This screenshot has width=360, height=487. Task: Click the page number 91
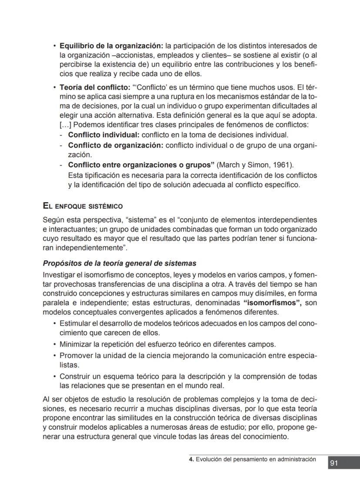[334, 463]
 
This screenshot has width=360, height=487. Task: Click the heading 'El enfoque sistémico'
[83, 206]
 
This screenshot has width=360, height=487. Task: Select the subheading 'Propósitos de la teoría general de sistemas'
[120, 263]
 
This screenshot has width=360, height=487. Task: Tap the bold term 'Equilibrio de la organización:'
[111, 46]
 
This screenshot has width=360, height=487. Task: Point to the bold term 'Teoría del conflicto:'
[95, 87]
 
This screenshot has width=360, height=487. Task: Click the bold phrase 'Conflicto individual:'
[103, 135]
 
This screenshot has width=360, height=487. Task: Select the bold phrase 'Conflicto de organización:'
[115, 145]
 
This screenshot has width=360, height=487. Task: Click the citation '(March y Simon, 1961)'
[255, 165]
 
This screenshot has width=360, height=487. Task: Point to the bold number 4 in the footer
[191, 459]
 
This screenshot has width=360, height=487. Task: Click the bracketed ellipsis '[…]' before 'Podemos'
[66, 125]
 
